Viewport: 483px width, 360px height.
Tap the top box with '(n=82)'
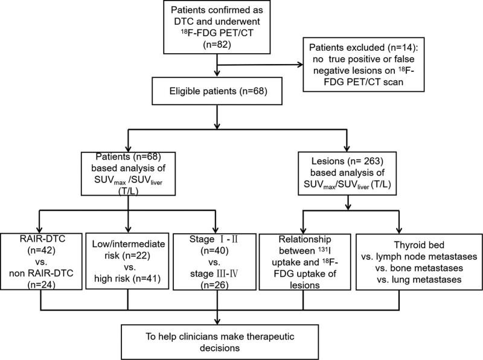(x=216, y=28)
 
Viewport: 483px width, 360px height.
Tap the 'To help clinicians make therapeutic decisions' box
(x=216, y=336)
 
